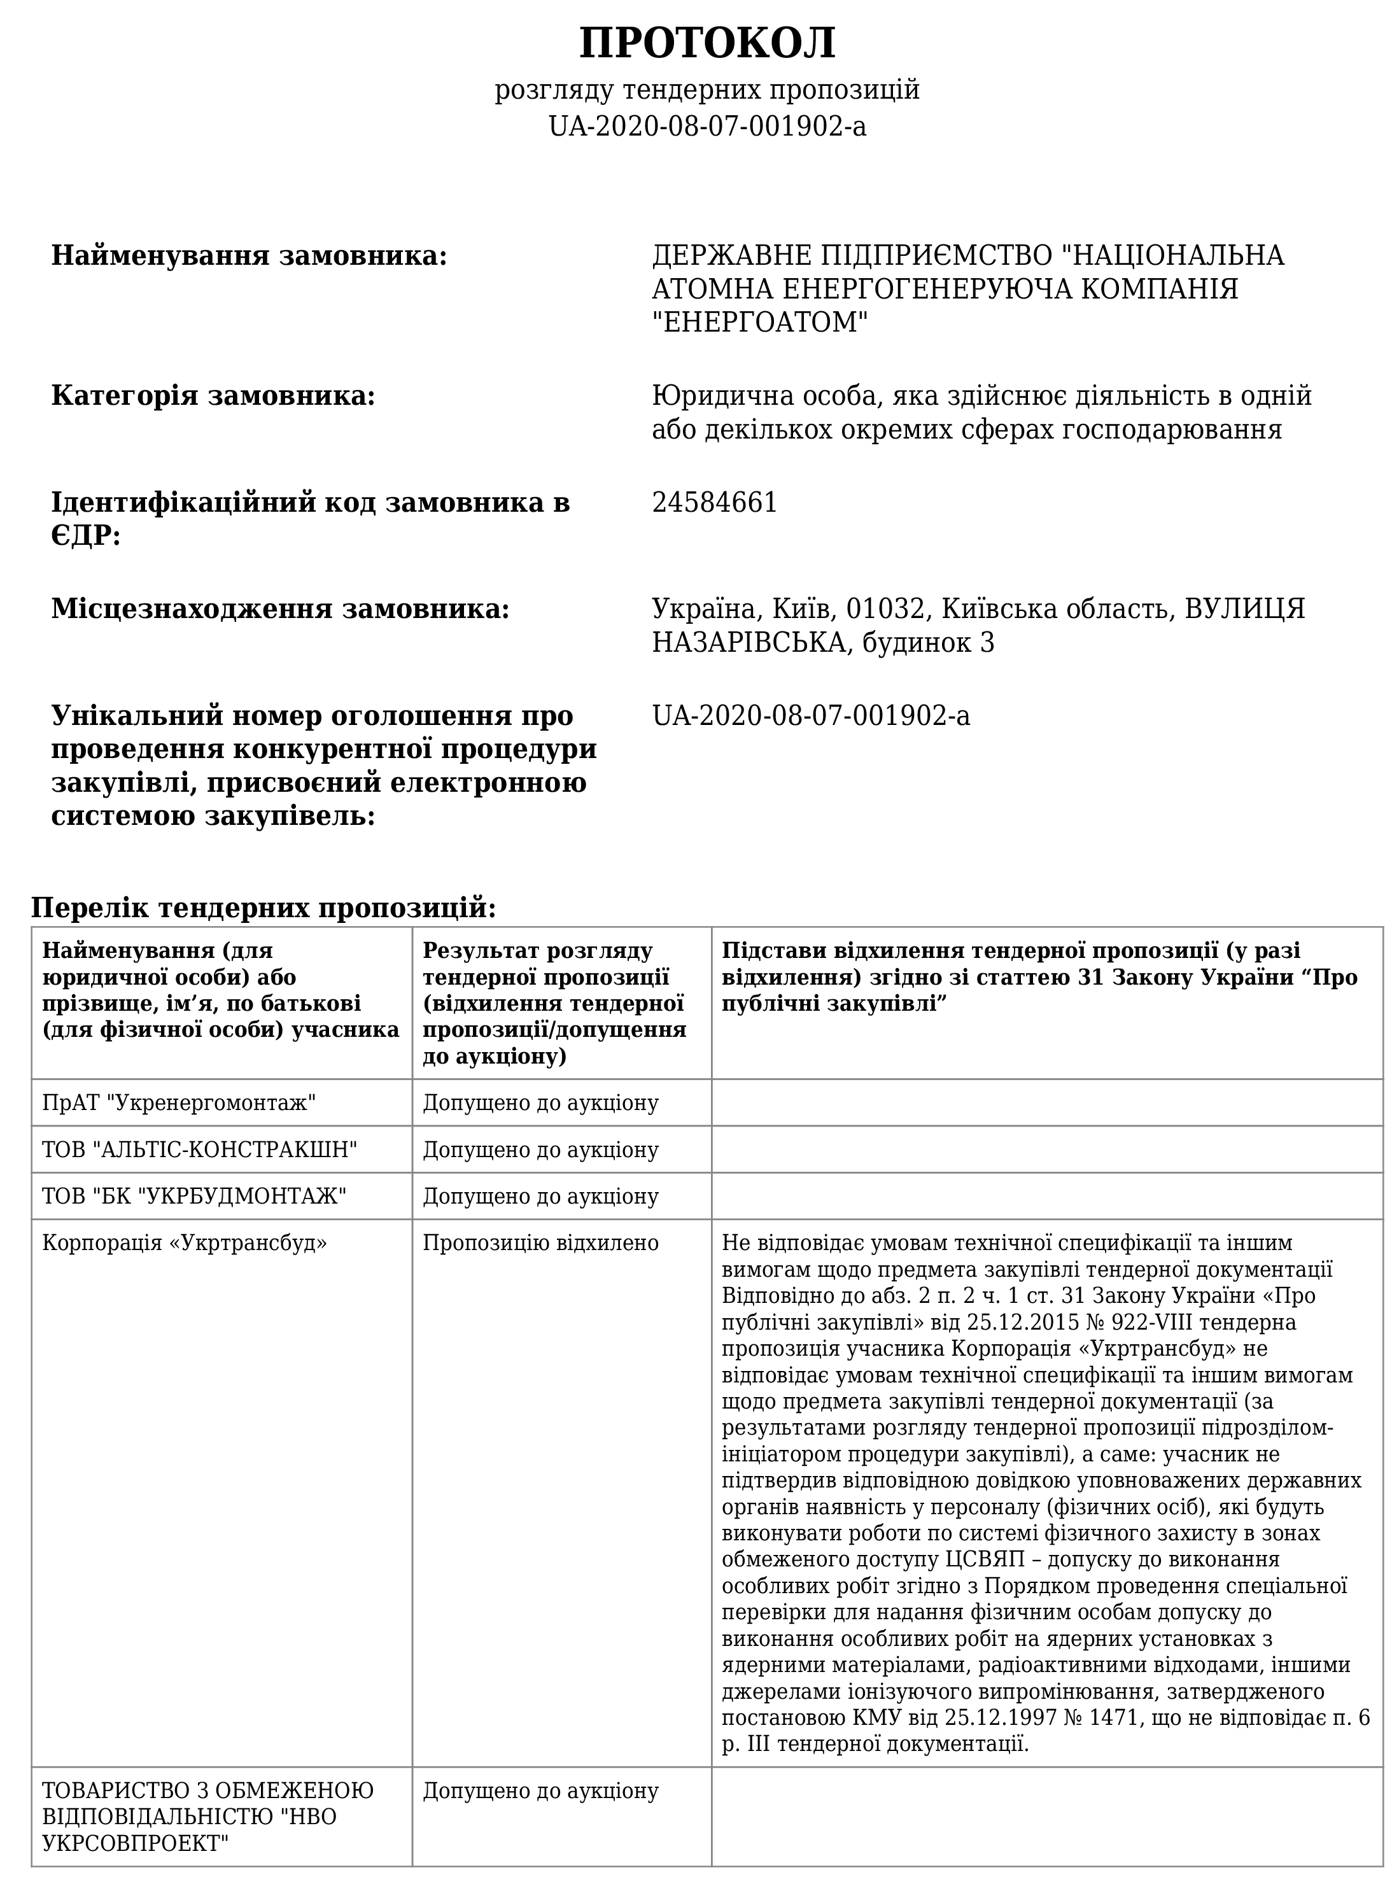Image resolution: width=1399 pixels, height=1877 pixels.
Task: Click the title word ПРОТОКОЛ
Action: coord(707,43)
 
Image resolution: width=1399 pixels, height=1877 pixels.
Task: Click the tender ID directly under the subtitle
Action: coord(707,126)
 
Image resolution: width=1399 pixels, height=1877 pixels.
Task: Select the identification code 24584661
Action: coord(714,503)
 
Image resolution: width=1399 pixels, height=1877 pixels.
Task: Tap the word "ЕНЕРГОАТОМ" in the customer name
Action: coord(761,323)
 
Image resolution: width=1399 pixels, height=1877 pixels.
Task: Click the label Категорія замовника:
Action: coord(213,395)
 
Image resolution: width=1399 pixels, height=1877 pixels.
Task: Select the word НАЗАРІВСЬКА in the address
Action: coord(750,643)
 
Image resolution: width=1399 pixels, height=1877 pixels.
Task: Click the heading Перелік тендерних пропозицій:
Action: coord(264,908)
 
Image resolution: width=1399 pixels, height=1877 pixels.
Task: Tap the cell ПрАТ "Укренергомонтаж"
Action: coord(179,1102)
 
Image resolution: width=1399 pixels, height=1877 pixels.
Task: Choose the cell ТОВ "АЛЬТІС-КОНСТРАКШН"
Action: coord(200,1149)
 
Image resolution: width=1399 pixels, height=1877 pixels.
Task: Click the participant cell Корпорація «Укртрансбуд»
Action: coord(185,1243)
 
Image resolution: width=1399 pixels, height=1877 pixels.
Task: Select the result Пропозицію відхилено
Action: coord(540,1243)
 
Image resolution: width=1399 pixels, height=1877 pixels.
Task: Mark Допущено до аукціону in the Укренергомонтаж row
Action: coord(540,1102)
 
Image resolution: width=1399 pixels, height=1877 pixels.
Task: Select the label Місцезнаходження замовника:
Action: coord(280,608)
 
